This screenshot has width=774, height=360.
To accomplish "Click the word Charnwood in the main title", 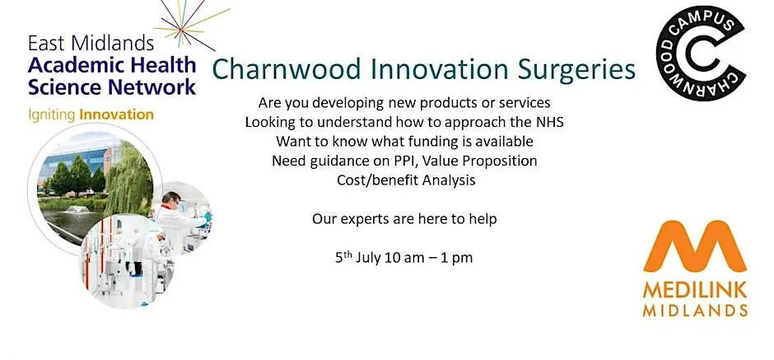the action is click(x=287, y=70).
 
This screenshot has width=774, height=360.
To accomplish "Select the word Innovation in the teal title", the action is click(x=439, y=70).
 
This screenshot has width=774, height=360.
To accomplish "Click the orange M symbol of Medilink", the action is click(x=695, y=246).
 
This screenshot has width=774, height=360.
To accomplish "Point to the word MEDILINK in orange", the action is click(x=695, y=291).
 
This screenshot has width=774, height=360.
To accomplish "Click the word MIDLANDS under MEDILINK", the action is click(x=695, y=310).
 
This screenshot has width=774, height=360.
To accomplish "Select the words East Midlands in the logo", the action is click(x=91, y=44).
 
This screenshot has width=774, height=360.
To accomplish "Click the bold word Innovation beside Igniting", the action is click(x=116, y=115).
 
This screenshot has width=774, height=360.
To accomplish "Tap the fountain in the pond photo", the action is click(x=77, y=209).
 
